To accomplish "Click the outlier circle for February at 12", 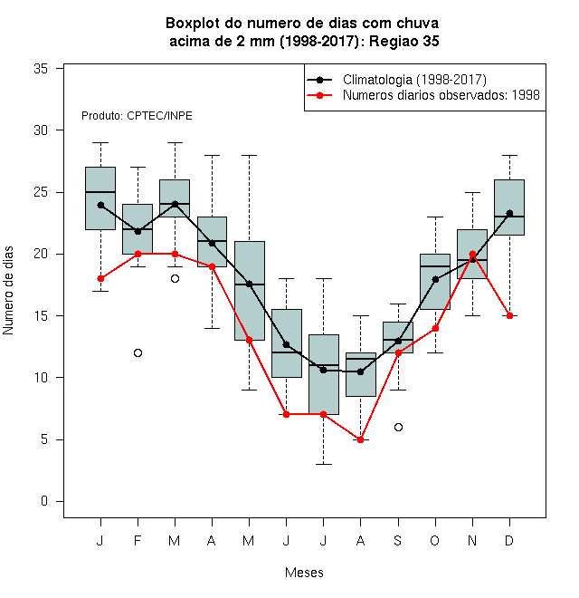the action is point(138,352).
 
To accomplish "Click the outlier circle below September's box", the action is point(398,427).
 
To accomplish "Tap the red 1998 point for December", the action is point(509,316).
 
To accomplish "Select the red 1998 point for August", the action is point(360,439).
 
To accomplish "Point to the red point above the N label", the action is point(472,254).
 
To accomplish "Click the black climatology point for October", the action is point(435,280).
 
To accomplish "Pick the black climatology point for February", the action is point(138,231).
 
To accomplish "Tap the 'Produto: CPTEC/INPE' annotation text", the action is point(137,116).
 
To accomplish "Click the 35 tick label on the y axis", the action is point(41,69).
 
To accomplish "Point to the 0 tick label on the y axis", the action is point(44,501).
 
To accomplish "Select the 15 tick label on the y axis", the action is point(41,316).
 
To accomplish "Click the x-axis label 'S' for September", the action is point(398,540).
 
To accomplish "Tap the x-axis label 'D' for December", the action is point(509,540).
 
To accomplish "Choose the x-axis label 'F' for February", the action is point(138,540).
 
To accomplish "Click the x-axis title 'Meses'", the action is point(304,573).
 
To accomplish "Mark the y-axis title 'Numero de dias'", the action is point(8,291).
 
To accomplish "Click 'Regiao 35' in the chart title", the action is point(403,41).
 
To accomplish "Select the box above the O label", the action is point(435,282).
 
